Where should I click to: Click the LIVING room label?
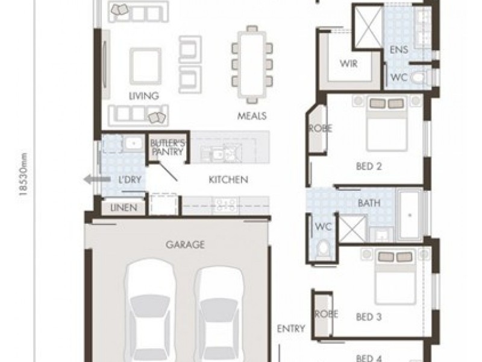(144, 96)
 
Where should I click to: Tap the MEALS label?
(252, 116)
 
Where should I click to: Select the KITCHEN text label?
(228, 179)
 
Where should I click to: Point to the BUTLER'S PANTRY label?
(168, 147)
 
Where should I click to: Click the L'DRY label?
(130, 180)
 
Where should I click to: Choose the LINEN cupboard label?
(124, 208)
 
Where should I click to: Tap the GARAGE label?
(185, 245)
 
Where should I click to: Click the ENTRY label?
(291, 329)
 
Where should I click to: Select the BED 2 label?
(369, 167)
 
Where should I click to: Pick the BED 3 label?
(369, 317)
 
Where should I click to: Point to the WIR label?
(349, 64)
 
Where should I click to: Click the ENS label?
(399, 49)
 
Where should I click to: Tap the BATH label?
(369, 203)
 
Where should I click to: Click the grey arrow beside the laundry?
(97, 179)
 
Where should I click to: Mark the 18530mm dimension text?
(23, 174)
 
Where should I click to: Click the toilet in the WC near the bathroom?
(322, 248)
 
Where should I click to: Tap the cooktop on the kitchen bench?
(225, 205)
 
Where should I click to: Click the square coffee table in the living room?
(145, 66)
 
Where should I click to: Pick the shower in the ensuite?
(368, 27)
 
